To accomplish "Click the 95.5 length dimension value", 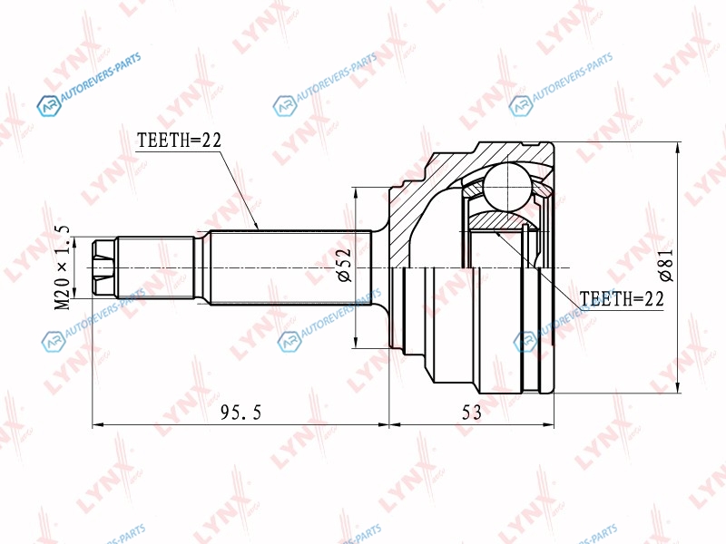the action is (x=240, y=412).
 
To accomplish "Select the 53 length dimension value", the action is (x=471, y=412).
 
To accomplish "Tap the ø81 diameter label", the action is (x=667, y=266).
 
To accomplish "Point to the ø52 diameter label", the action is (x=345, y=266).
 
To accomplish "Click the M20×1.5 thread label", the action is (x=62, y=267).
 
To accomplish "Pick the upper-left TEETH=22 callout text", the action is (x=179, y=140).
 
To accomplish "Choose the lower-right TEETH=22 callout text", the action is (x=622, y=299).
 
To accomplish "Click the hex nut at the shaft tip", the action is (x=103, y=267).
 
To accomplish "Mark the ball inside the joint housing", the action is (x=508, y=188).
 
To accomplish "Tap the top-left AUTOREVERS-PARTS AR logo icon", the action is (x=49, y=106).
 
